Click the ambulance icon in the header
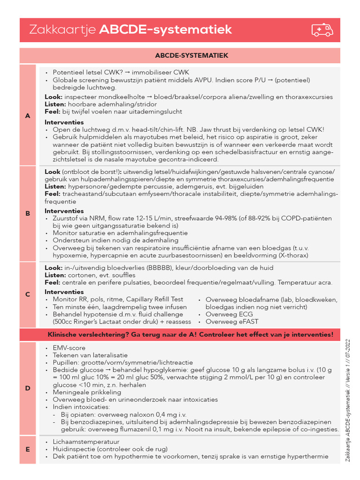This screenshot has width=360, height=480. coord(322,30)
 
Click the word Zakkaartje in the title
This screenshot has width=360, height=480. coord(62,30)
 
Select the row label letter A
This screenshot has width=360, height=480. coord(28,116)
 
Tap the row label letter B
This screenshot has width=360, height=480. coord(28,213)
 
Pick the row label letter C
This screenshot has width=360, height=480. coord(28,294)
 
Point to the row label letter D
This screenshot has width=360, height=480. coord(28,388)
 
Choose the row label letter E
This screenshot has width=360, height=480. coord(28,449)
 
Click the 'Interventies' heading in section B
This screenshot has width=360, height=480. coord(64,211)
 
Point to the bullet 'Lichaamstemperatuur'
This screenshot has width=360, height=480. coord(86,442)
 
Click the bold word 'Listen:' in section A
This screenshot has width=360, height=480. coord(56,104)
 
